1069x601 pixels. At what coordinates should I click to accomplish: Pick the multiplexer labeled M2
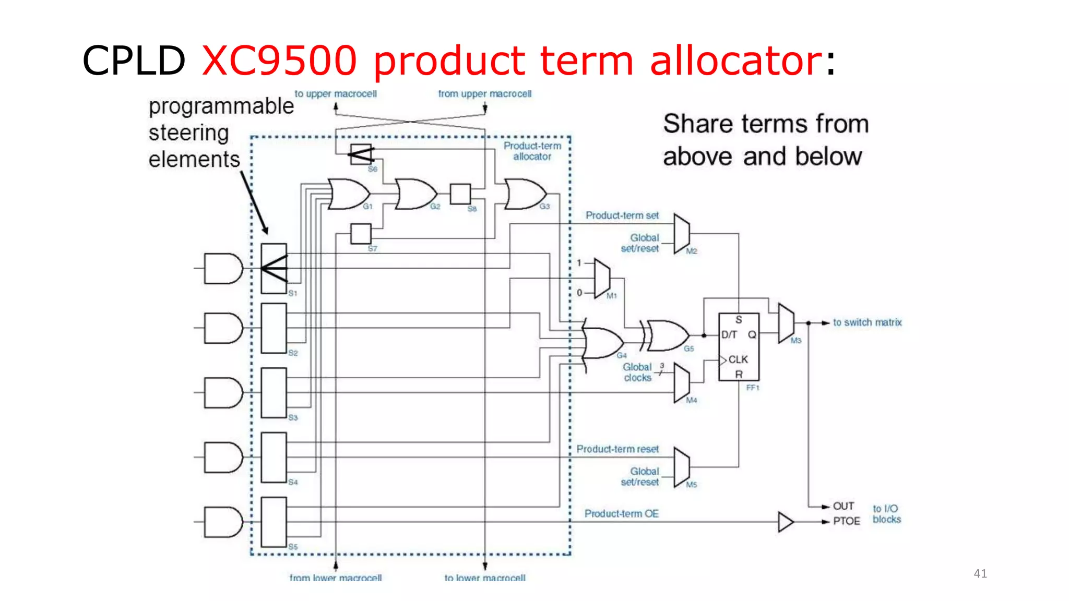pos(681,233)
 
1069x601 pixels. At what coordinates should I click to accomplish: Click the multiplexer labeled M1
pos(602,278)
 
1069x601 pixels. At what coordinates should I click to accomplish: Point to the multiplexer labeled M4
pos(681,383)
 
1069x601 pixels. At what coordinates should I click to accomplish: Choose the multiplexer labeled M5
pos(681,467)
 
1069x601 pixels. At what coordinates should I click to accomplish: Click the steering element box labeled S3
pos(274,392)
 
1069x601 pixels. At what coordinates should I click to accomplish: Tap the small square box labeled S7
pos(361,234)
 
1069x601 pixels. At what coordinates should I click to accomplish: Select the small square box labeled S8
pos(460,194)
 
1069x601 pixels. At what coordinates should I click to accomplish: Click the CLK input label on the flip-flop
pos(738,359)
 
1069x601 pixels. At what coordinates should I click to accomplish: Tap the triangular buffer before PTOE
pos(785,522)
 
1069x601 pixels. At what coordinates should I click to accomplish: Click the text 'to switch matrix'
pos(867,322)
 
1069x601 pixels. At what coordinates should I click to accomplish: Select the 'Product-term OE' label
pos(621,514)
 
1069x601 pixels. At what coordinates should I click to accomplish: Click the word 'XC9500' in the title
pos(279,61)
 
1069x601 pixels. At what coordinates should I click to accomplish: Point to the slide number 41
pos(980,574)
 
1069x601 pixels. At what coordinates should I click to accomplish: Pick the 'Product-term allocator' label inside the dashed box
pos(532,151)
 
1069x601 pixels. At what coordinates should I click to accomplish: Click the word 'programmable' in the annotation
pos(221,106)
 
